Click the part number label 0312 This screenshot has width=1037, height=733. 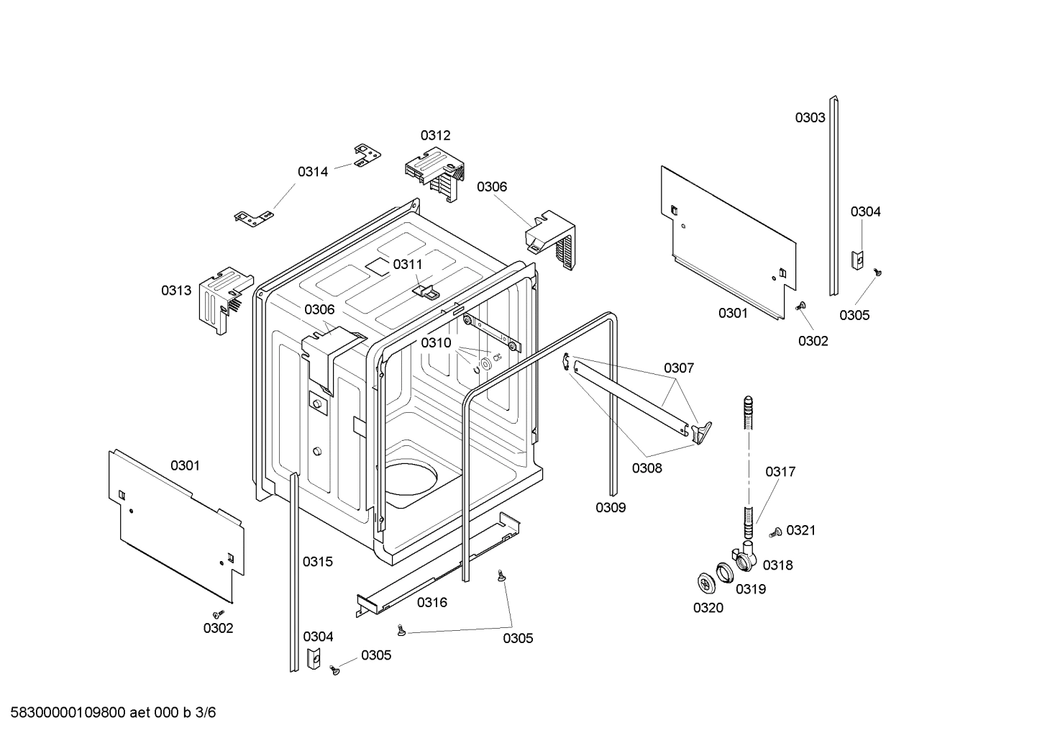(x=436, y=135)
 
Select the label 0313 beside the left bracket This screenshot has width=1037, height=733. (x=176, y=291)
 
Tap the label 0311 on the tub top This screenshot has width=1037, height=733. (x=408, y=265)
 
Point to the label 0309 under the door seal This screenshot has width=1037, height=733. (x=611, y=508)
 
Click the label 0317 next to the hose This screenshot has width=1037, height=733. (x=780, y=472)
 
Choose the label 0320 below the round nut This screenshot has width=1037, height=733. (x=708, y=608)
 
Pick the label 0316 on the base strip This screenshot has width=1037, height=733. (x=431, y=603)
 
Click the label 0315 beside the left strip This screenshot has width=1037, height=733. (x=318, y=562)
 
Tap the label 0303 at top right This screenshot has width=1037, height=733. (x=810, y=118)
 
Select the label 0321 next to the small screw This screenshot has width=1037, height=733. (x=800, y=530)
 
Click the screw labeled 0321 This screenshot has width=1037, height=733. (x=775, y=532)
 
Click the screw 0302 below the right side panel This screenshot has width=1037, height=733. (x=800, y=306)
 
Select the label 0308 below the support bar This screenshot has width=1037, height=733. (x=647, y=468)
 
